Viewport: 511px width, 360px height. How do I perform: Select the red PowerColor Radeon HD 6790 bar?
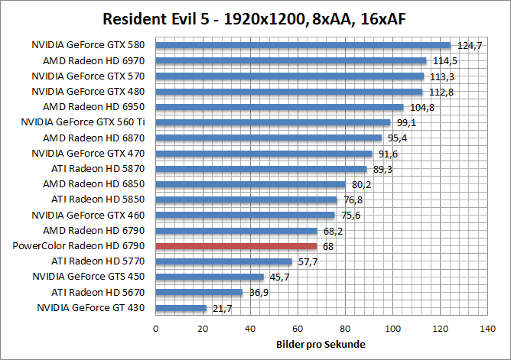click(236, 246)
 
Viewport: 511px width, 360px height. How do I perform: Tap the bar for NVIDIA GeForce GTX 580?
click(303, 45)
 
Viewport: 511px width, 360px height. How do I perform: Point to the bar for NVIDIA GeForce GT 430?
click(181, 308)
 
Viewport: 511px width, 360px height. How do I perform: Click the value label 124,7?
click(469, 46)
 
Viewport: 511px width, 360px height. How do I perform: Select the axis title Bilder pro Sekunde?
click(321, 344)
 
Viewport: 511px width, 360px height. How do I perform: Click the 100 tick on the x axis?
click(392, 329)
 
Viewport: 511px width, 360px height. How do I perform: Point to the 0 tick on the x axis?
click(156, 329)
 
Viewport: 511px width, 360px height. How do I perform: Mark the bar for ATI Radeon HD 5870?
click(262, 169)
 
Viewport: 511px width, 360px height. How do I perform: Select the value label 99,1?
click(405, 122)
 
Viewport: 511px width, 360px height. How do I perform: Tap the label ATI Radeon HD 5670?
click(97, 292)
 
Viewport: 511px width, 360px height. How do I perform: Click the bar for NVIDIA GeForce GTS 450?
click(210, 277)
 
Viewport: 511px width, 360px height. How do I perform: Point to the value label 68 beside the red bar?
click(327, 246)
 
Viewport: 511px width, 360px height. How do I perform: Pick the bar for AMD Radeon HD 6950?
click(280, 107)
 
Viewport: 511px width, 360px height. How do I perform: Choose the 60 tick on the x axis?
click(298, 329)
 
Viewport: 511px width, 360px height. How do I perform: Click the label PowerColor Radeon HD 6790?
click(79, 246)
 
